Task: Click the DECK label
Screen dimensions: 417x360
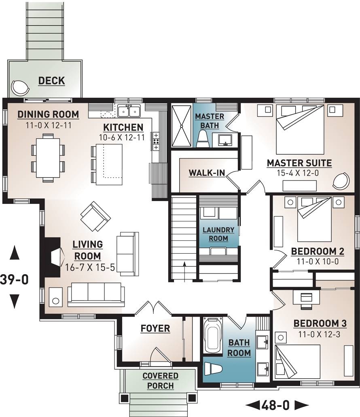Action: [51, 80]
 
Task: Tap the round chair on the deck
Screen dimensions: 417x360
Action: [19, 87]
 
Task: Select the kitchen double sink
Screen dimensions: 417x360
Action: [129, 110]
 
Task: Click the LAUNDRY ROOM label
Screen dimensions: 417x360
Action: [218, 234]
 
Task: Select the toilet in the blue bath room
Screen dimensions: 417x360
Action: [214, 369]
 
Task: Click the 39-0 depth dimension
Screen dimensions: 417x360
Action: [15, 279]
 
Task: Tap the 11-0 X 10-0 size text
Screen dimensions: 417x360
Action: [318, 262]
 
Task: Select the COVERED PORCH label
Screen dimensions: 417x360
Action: [160, 381]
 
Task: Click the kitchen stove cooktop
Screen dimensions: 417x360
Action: [156, 141]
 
